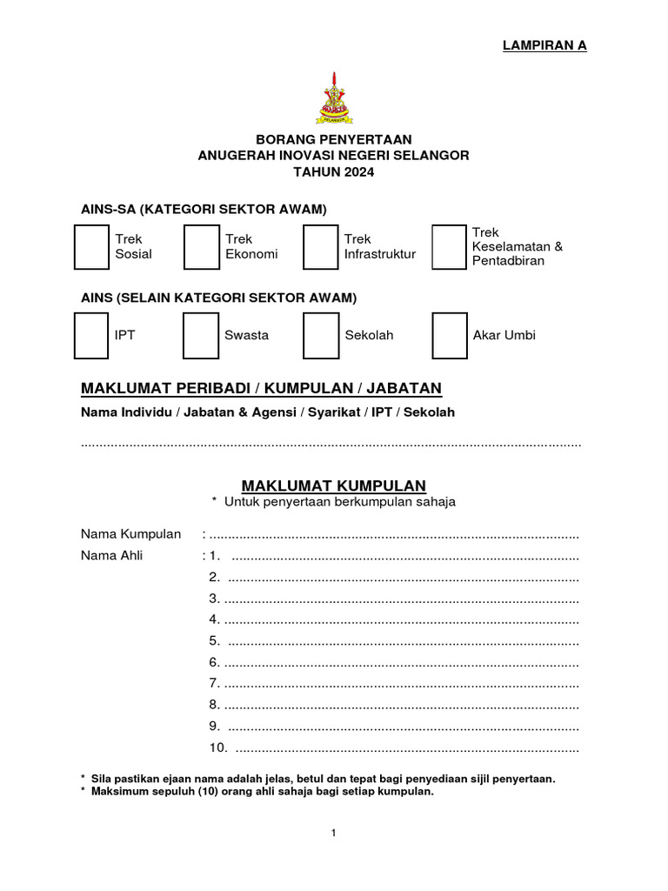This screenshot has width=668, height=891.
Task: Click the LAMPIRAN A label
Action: (x=544, y=46)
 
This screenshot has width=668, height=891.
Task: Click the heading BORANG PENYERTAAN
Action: (x=333, y=139)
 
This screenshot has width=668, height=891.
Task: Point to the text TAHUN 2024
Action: (x=333, y=172)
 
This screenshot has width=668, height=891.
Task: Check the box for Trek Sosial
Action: (x=91, y=246)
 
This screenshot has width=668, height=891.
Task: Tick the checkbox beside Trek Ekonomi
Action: (x=201, y=246)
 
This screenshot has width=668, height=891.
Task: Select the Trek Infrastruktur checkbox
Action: (x=320, y=246)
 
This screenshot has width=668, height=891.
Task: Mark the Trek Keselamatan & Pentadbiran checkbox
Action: (x=450, y=246)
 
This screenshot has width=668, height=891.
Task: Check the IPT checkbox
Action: (x=91, y=336)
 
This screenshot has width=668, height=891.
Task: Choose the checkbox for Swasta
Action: (x=201, y=336)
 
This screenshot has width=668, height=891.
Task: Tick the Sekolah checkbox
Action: (x=320, y=336)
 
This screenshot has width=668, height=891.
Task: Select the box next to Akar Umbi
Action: (x=450, y=336)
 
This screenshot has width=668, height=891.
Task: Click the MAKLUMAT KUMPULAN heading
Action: (x=333, y=486)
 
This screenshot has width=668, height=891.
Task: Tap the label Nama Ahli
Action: (x=112, y=555)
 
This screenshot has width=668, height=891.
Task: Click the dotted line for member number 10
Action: (x=406, y=747)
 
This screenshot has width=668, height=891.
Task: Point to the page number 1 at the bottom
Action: (x=333, y=833)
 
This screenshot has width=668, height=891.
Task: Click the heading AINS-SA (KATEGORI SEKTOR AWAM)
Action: (x=204, y=209)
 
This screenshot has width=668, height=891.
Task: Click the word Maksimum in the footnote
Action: (x=118, y=792)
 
